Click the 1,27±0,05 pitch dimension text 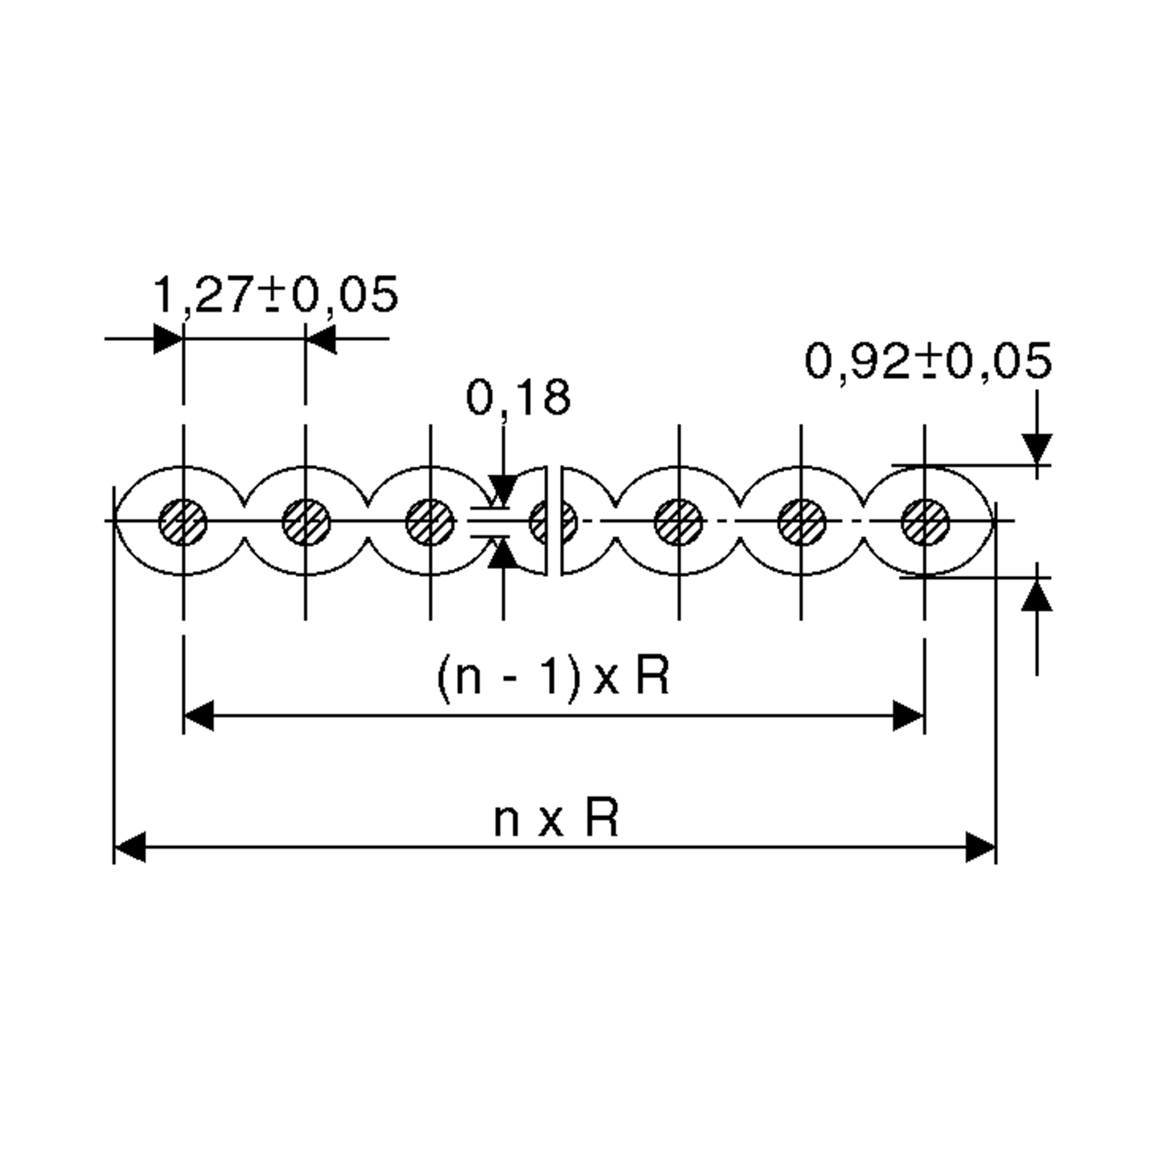pyautogui.click(x=275, y=295)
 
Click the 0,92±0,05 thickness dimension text pyautogui.click(x=927, y=361)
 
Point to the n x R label pyautogui.click(x=555, y=820)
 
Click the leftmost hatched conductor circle pyautogui.click(x=183, y=523)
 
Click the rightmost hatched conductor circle pyautogui.click(x=925, y=523)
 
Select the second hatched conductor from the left pyautogui.click(x=306, y=523)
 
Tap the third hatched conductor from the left pyautogui.click(x=430, y=523)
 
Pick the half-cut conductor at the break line pyautogui.click(x=540, y=523)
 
